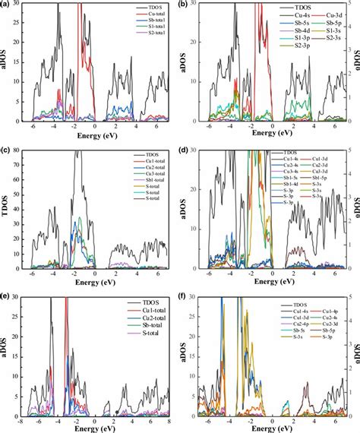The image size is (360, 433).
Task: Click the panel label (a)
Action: (8, 5)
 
